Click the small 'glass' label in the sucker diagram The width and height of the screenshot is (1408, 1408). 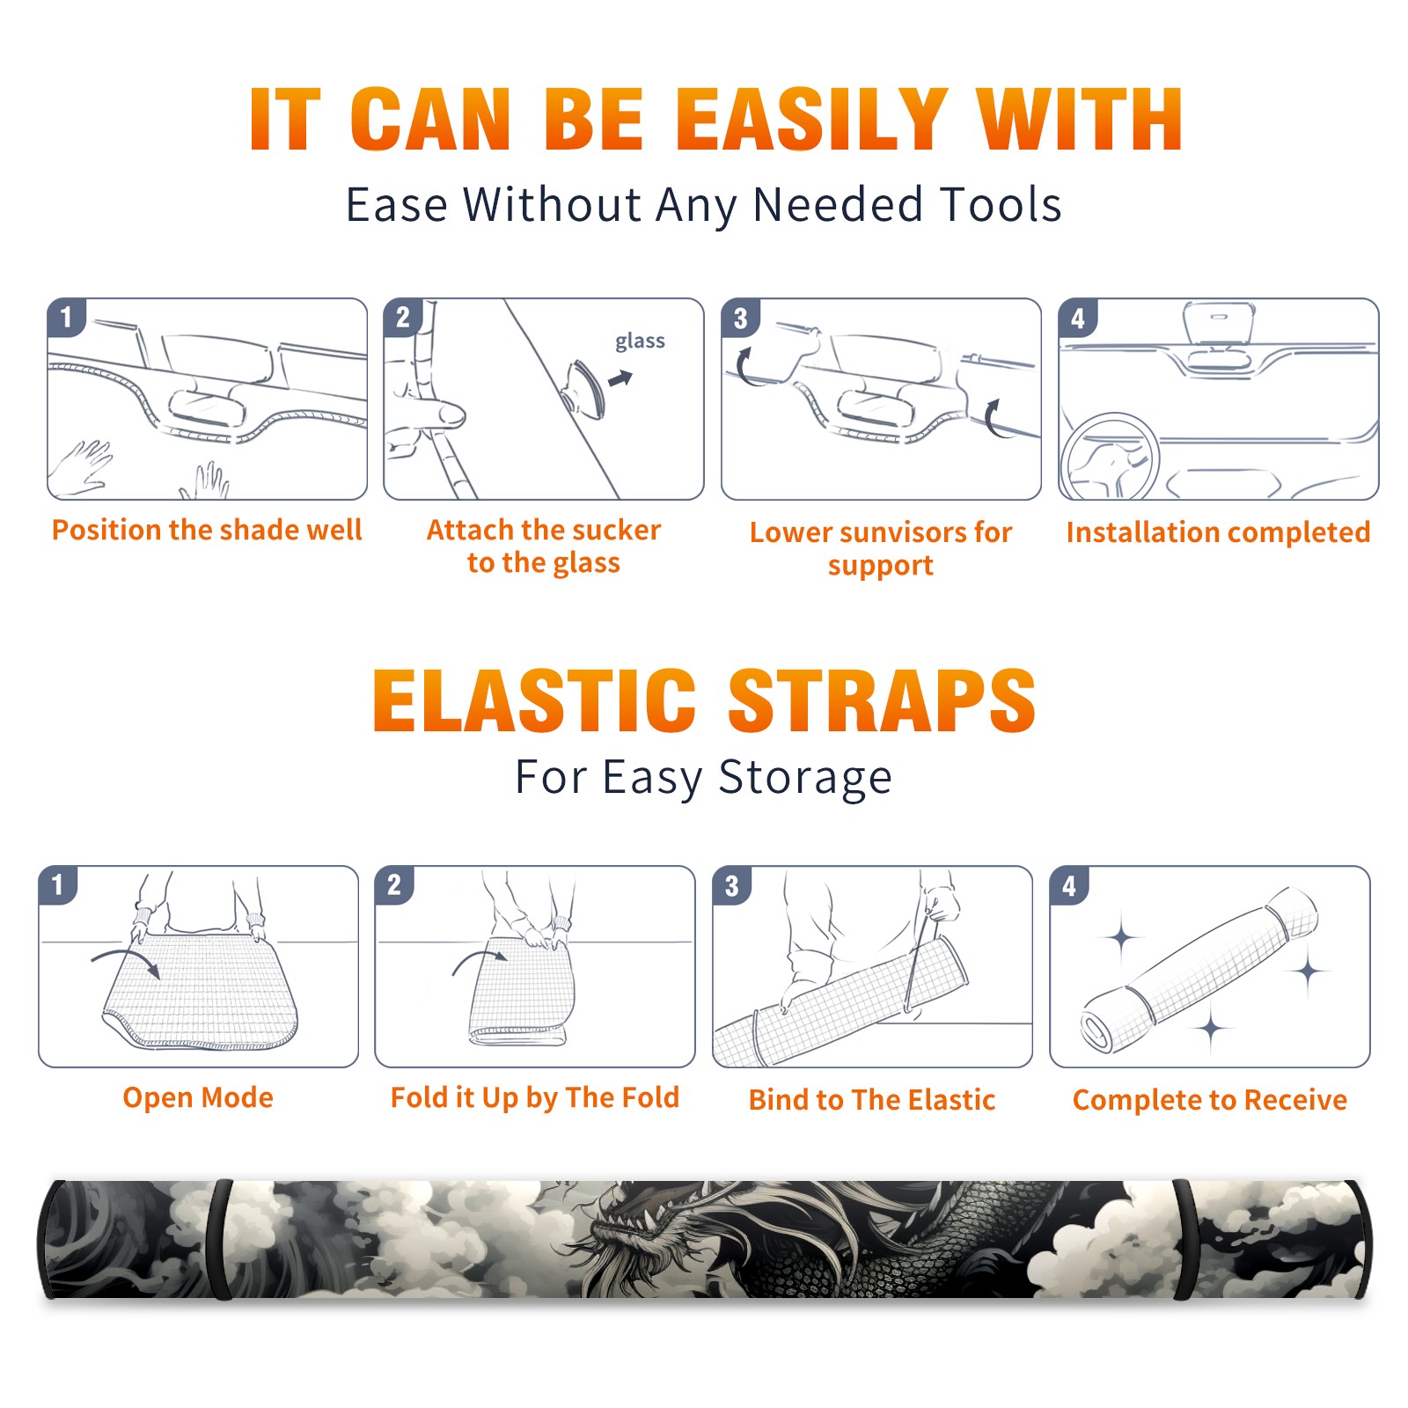pyautogui.click(x=640, y=341)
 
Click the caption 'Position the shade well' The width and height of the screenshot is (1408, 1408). pyautogui.click(x=207, y=530)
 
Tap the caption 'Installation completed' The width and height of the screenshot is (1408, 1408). pyautogui.click(x=1218, y=532)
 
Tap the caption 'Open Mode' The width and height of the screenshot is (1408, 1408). pyautogui.click(x=198, y=1097)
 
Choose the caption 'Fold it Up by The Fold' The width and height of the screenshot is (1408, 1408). pyautogui.click(x=535, y=1098)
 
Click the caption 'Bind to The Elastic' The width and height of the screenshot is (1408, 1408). pyautogui.click(x=872, y=1100)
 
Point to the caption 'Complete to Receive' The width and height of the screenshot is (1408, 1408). pyautogui.click(x=1210, y=1100)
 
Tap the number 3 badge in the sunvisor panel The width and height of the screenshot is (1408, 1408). pyautogui.click(x=740, y=318)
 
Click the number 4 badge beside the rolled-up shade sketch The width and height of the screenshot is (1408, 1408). pyautogui.click(x=1068, y=885)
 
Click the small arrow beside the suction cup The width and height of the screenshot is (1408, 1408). pyautogui.click(x=621, y=378)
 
